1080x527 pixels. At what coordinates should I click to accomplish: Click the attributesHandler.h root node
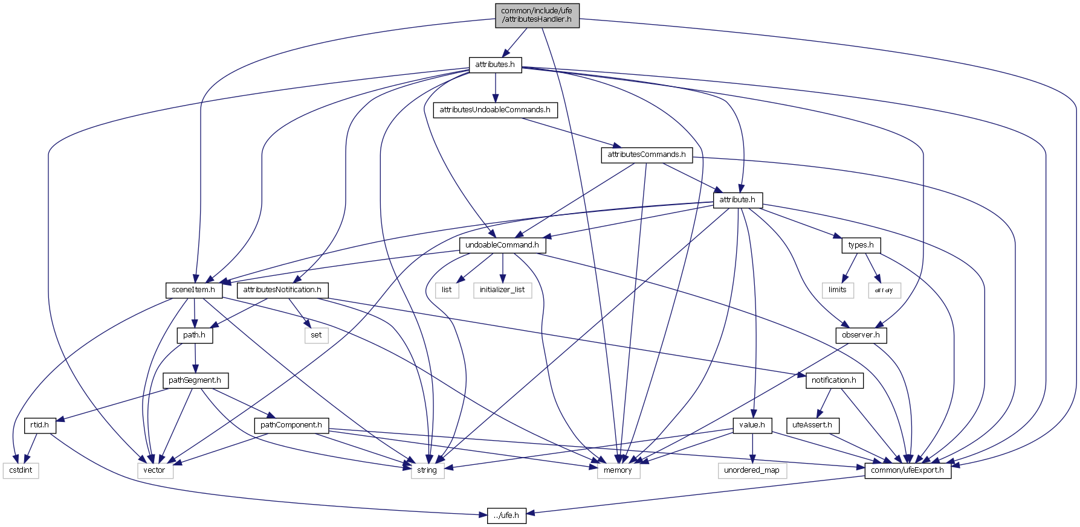point(536,15)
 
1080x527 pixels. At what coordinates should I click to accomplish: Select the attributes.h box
point(495,65)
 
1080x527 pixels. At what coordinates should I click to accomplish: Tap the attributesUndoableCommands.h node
point(495,110)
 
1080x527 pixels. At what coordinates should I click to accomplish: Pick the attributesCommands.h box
point(646,155)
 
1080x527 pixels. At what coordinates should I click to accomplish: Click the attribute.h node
point(737,200)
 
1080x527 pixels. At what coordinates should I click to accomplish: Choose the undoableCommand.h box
point(502,245)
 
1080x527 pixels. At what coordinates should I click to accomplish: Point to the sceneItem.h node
point(193,290)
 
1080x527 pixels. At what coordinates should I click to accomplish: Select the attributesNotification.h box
point(282,290)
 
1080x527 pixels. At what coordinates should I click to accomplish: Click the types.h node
point(861,245)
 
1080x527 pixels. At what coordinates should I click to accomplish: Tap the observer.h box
point(861,335)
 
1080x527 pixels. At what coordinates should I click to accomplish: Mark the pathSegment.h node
point(195,380)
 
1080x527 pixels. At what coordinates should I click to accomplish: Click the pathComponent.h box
point(291,425)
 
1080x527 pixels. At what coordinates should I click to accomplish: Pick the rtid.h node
point(40,425)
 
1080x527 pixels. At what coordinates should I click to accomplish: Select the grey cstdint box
point(21,470)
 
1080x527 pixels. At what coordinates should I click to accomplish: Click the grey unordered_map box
point(752,470)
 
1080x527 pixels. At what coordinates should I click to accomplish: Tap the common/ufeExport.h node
point(907,470)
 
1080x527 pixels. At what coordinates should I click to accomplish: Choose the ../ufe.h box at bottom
point(506,516)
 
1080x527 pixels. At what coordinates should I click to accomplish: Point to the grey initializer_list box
point(502,290)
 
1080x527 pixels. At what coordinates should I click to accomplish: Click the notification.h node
point(833,380)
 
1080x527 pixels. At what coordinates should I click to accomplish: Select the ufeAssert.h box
point(812,425)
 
